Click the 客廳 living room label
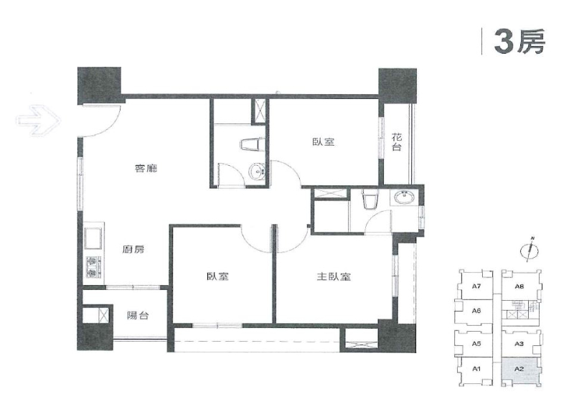pos(146,169)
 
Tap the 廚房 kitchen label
pos(133,250)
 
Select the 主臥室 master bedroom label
pos(334,276)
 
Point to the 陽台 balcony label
pos(138,315)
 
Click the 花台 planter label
pos(397,142)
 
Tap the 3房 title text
pos(519,42)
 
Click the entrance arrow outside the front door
pos(38,119)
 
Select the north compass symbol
pos(530,250)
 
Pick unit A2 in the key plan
pos(519,370)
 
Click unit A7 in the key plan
pos(476,286)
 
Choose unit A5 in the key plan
pos(476,343)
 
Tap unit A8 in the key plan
pos(519,286)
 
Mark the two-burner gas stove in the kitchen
pos(92,267)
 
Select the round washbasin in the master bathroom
pos(405,198)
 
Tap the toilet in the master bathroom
pos(368,200)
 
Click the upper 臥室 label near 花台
pos(324,142)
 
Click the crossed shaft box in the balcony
pos(103,315)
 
